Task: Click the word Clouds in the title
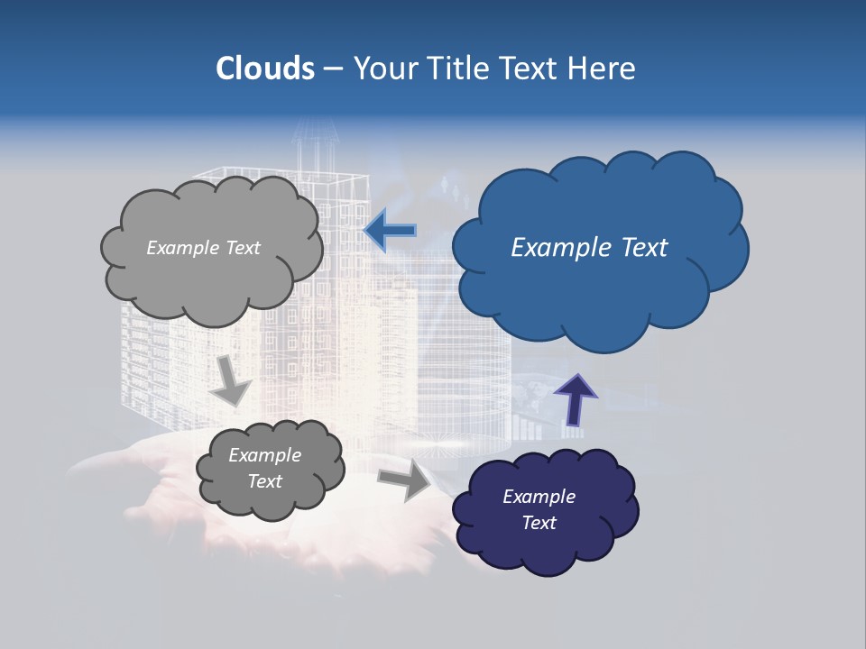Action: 265,69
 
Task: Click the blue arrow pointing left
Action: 390,232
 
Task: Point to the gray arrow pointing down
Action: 232,379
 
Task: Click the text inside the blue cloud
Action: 589,248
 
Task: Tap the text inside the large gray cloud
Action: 203,248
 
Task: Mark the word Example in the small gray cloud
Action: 264,455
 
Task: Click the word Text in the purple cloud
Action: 539,523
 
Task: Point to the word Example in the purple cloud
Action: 539,497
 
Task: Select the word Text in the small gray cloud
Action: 264,481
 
